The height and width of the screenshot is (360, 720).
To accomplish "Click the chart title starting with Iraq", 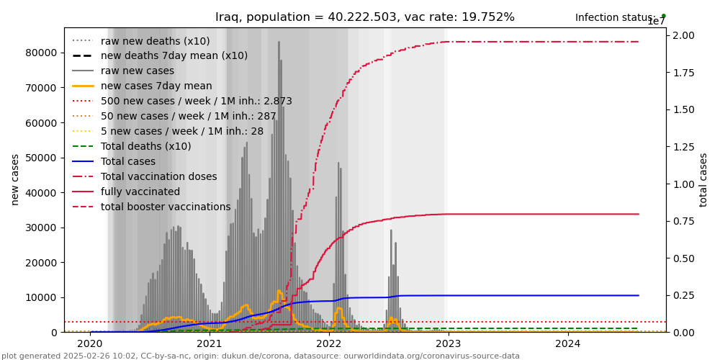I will (x=365, y=17).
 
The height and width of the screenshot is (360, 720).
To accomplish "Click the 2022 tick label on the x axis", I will (x=329, y=343).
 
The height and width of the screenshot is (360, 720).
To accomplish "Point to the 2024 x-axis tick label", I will (x=568, y=343).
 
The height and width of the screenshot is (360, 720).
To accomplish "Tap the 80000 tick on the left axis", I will (x=41, y=53).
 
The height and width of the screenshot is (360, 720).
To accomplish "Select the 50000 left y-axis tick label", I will (x=41, y=158).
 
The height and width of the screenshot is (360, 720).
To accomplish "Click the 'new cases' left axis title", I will (x=15, y=179).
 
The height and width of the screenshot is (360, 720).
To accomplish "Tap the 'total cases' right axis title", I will (x=703, y=179).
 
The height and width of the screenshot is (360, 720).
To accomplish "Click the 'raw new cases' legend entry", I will (x=137, y=71).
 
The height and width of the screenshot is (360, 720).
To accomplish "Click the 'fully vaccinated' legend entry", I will (x=140, y=192).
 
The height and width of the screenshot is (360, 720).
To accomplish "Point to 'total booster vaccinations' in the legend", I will (x=166, y=207).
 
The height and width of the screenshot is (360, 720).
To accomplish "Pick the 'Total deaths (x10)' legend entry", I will (x=145, y=146).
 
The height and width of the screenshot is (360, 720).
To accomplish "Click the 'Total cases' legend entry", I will (x=127, y=161).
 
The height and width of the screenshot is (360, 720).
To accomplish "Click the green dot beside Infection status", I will (x=663, y=15).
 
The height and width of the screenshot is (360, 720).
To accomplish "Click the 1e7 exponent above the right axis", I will (x=656, y=22).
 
